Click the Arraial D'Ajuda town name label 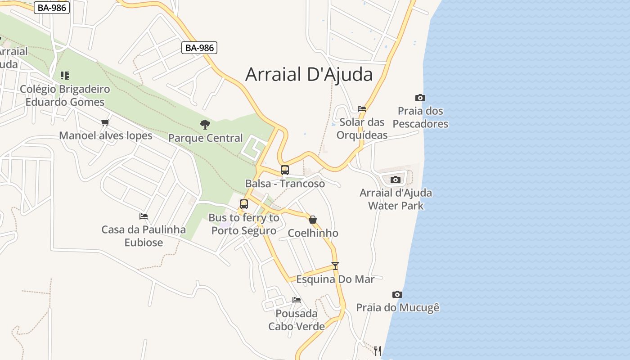[x=309, y=75]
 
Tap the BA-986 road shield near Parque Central [x=199, y=48]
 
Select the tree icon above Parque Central [x=205, y=124]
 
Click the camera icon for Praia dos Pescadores [x=420, y=98]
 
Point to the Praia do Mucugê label [x=398, y=308]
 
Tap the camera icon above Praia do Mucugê [x=397, y=294]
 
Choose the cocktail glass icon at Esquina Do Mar [x=335, y=265]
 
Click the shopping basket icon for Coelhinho [x=313, y=220]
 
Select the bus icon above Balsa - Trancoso [x=284, y=170]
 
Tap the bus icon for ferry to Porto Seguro [x=243, y=204]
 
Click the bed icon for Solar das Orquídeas [x=362, y=108]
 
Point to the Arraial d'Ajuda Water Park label [x=396, y=199]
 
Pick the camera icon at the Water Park [x=396, y=180]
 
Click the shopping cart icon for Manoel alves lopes [x=105, y=122]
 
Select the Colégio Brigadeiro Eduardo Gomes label [x=65, y=95]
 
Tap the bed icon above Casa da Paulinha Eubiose [x=144, y=216]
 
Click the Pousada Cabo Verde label [x=296, y=320]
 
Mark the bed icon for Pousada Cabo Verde [x=296, y=300]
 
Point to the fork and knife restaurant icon [x=378, y=350]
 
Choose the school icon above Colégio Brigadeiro [x=65, y=75]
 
